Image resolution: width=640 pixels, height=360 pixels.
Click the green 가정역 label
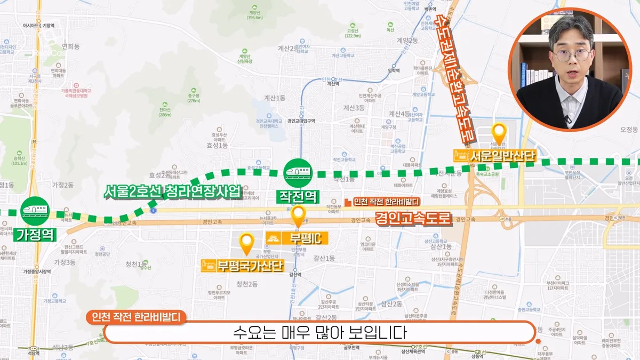35,235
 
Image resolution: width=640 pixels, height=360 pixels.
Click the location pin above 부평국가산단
246,244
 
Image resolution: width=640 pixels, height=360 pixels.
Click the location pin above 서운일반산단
499,133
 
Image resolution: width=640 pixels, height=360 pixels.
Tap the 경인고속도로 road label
413,219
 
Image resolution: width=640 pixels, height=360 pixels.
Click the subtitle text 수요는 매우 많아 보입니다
319,333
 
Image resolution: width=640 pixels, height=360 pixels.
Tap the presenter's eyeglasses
570,54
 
